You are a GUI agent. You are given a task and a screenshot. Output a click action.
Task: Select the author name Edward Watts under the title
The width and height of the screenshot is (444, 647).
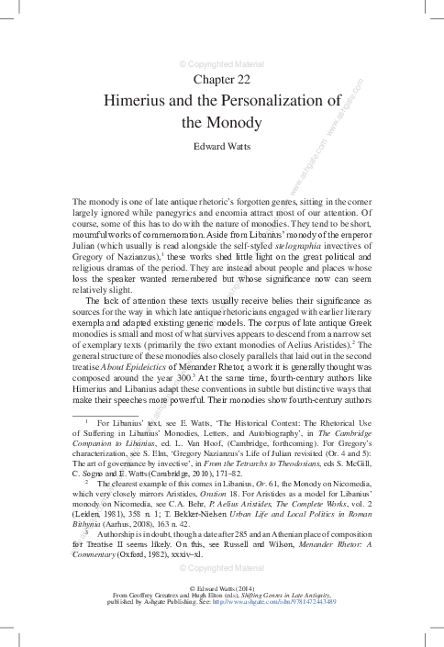pyautogui.click(x=221, y=145)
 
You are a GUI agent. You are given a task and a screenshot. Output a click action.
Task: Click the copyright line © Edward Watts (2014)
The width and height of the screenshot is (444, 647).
pyautogui.click(x=221, y=611)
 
